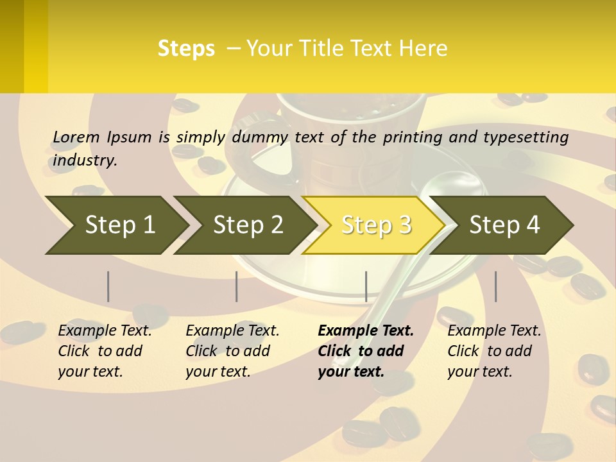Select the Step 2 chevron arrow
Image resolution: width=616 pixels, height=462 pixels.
[x=246, y=225]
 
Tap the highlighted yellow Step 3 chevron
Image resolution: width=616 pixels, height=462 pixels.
[x=375, y=225]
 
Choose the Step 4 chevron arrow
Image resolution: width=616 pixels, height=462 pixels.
[x=503, y=225]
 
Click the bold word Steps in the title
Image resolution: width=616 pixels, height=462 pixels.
[x=186, y=49]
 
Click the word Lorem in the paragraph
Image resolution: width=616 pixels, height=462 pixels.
[x=76, y=137]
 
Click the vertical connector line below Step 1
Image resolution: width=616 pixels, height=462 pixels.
[x=108, y=286]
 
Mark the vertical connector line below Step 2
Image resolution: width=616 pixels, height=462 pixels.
[x=237, y=286]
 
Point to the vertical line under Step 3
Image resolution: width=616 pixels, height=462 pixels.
[x=366, y=286]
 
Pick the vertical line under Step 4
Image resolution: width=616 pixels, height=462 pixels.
[x=495, y=286]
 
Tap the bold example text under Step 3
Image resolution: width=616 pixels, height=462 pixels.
[x=365, y=351]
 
